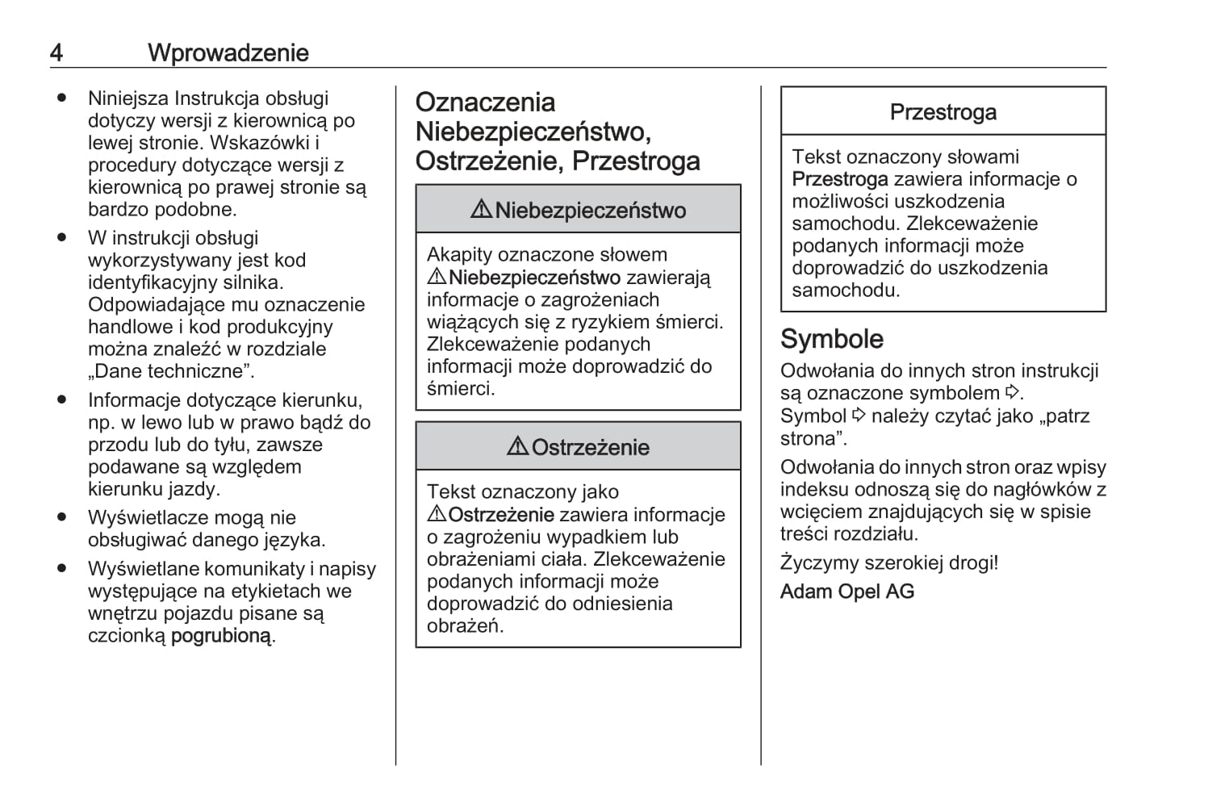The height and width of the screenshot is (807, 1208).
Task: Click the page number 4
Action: [x=56, y=53]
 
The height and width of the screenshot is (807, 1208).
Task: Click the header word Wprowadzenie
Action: [x=228, y=53]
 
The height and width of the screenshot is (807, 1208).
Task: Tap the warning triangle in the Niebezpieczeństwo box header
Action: [x=481, y=210]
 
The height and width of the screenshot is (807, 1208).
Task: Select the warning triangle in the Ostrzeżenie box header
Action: [x=517, y=447]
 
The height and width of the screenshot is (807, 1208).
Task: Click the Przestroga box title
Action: [x=943, y=112]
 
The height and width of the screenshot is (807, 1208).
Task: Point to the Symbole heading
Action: [x=831, y=339]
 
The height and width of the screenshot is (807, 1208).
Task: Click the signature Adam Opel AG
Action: [x=846, y=592]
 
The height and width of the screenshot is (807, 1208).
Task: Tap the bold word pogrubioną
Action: [x=222, y=636]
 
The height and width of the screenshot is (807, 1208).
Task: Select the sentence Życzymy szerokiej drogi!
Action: [x=888, y=562]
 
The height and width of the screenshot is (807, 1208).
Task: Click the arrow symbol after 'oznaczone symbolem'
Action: [x=1013, y=393]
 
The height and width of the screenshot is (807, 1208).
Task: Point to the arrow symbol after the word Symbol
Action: [x=859, y=416]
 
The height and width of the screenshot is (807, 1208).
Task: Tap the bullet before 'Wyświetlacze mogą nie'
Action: [x=61, y=517]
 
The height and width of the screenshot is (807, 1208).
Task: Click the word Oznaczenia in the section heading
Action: [x=485, y=102]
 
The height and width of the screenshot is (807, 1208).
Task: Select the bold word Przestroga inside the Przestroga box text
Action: [x=839, y=179]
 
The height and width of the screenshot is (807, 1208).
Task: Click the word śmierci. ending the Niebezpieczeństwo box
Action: [x=460, y=389]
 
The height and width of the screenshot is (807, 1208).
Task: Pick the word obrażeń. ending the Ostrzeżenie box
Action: [x=465, y=626]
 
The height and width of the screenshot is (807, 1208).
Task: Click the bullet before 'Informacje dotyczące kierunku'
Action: [x=61, y=400]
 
